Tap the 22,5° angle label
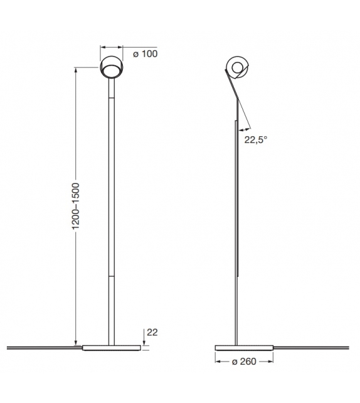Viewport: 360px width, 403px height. point(257,140)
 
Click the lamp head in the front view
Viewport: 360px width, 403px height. point(111,66)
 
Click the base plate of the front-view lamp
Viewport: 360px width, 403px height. point(111,347)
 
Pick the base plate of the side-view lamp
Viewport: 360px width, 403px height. point(244,347)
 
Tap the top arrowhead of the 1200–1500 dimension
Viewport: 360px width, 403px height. point(76,70)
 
